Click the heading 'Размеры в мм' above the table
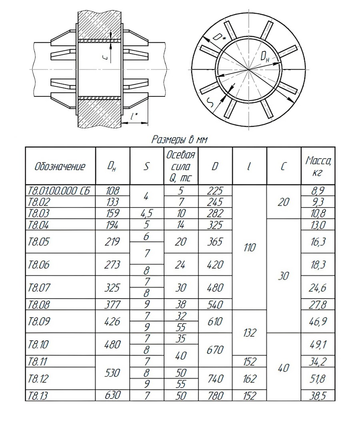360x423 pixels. coord(180,140)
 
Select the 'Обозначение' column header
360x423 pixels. coord(60,166)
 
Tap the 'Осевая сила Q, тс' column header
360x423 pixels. coord(181,166)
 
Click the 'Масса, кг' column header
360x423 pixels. coord(318,166)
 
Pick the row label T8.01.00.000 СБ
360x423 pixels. coord(60,191)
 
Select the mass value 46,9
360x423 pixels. coord(318,321)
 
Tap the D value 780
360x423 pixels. coord(215,396)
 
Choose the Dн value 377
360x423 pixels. coord(112,305)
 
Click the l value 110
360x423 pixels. coord(249,248)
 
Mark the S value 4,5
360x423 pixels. coord(146,213)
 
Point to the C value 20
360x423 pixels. coord(284,202)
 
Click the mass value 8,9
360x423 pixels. coord(318,191)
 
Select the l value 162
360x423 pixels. coord(249,378)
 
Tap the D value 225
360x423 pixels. coord(215,191)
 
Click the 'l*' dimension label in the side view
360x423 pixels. coord(134,116)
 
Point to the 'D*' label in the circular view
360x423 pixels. coord(218,37)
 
